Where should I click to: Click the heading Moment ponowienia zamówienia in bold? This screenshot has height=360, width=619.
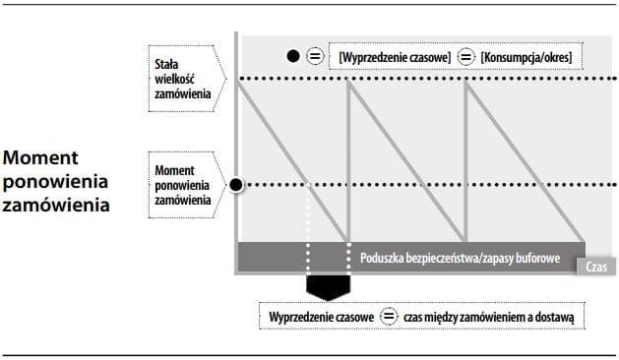(57, 182)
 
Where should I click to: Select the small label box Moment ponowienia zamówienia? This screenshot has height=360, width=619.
(184, 185)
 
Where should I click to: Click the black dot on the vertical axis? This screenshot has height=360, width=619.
(236, 185)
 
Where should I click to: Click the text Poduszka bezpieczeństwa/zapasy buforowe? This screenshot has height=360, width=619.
(460, 258)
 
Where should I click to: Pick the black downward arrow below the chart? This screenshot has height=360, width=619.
(328, 286)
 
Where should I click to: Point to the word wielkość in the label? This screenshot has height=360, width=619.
(178, 79)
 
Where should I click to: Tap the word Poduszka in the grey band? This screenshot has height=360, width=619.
(384, 258)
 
